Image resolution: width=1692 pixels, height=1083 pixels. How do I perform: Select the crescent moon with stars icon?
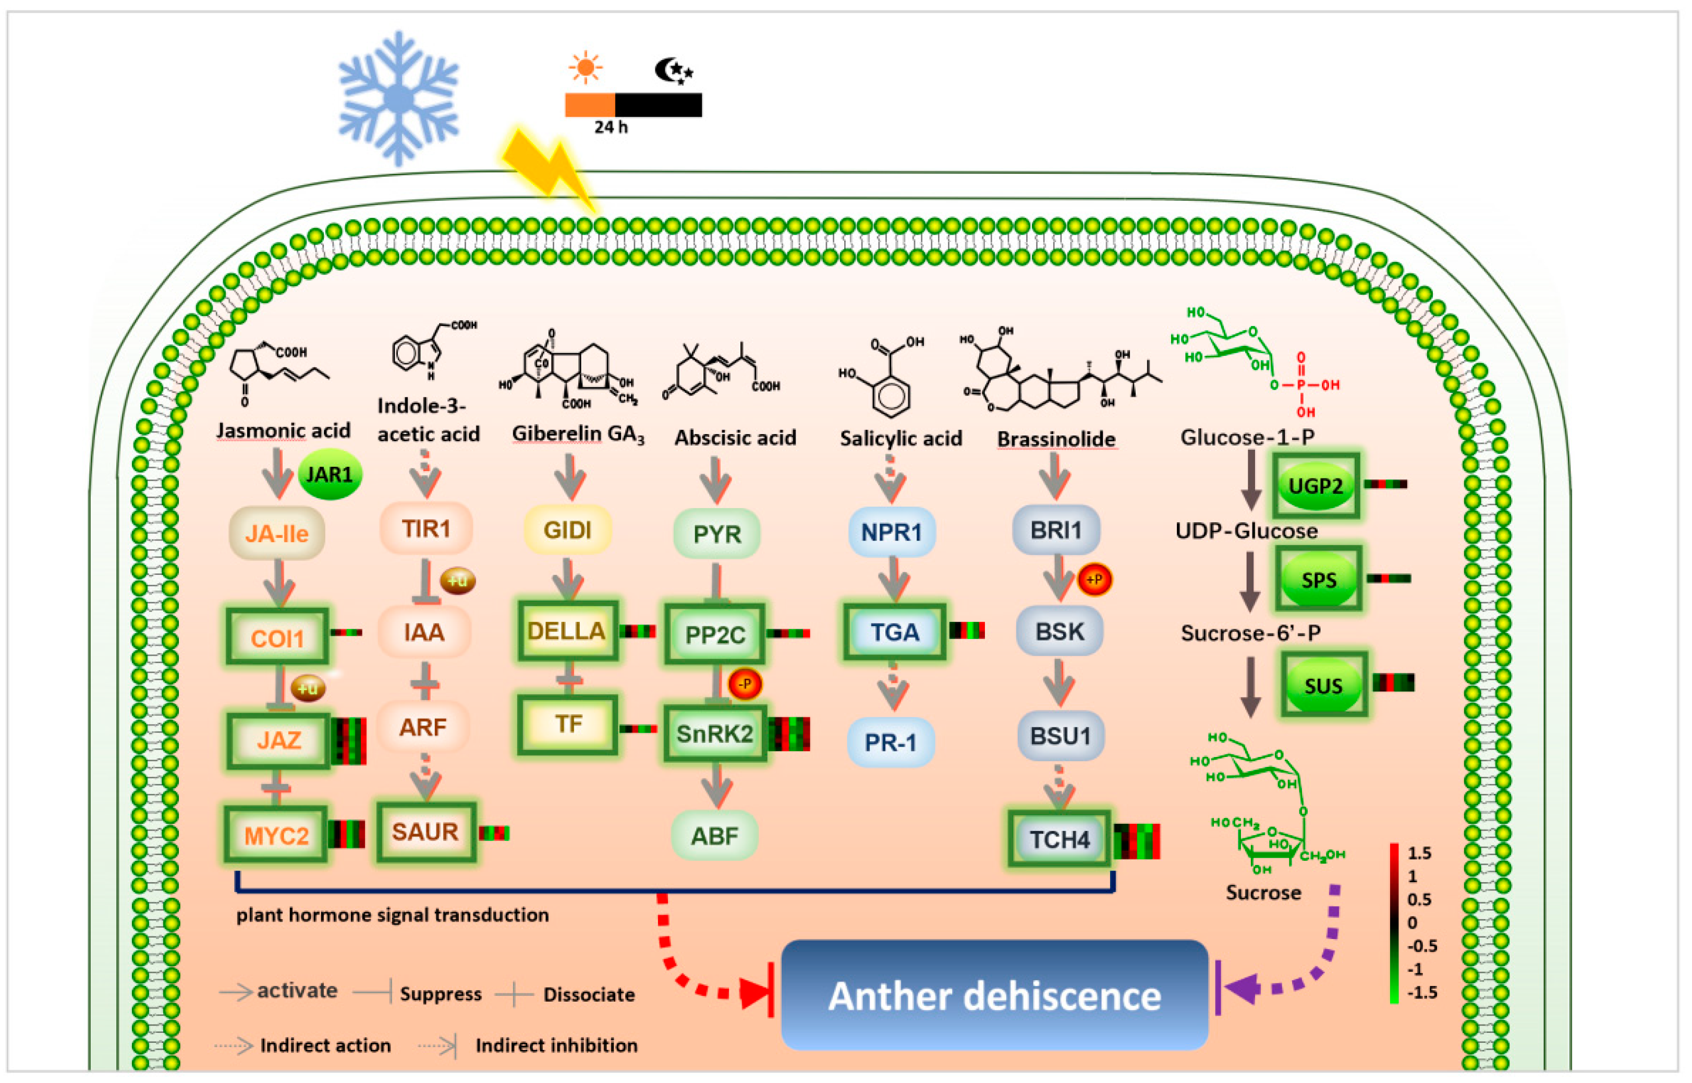coord(673,70)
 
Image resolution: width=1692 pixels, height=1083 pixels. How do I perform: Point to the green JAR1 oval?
coord(330,475)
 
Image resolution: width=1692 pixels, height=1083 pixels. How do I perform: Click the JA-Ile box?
coord(277,534)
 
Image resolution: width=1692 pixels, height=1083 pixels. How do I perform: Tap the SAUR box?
coord(425,832)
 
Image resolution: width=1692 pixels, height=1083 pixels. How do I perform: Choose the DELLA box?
coord(567,631)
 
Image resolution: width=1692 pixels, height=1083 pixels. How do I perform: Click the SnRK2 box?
coord(715,734)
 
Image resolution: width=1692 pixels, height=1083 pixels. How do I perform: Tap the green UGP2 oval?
coord(1315,485)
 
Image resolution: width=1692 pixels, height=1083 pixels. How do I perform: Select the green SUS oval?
coord(1323,685)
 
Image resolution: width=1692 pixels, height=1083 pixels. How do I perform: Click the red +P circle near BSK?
coord(1094,580)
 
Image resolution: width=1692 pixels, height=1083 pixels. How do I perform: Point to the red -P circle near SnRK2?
coord(745,683)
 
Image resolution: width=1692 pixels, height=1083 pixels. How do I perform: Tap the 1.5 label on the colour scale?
coord(1419,853)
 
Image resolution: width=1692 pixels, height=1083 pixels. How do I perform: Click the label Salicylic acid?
coord(900,439)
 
